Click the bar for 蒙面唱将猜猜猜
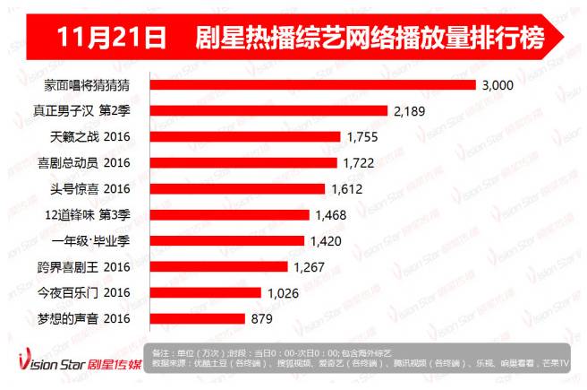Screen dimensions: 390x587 [311, 85]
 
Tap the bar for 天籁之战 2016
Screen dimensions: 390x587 [244, 137]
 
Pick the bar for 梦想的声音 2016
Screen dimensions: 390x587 [196, 318]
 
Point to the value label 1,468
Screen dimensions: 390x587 [332, 215]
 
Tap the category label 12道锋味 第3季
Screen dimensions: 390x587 [92, 215]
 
